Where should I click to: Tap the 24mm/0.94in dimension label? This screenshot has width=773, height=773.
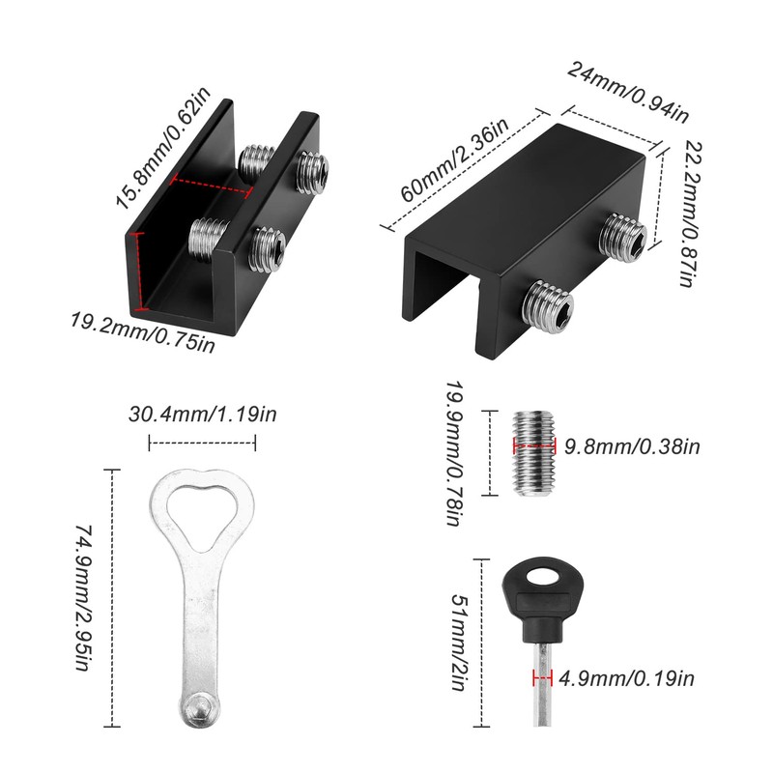(x=627, y=93)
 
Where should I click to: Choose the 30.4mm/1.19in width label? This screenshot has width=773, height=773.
(x=203, y=415)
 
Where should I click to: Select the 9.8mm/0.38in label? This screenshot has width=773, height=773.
(x=631, y=446)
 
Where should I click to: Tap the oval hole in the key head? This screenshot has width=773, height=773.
(x=542, y=579)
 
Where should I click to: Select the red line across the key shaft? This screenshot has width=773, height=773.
(x=541, y=677)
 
